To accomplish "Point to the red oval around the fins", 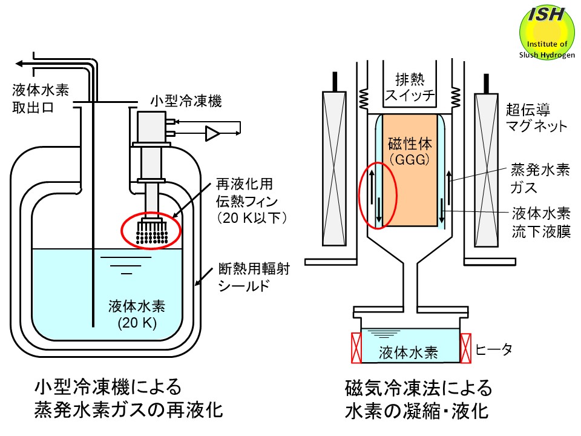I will pyautogui.click(x=151, y=230).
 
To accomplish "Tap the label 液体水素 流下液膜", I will pyautogui.click(x=539, y=223).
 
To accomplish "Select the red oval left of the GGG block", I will pyautogui.click(x=378, y=194).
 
